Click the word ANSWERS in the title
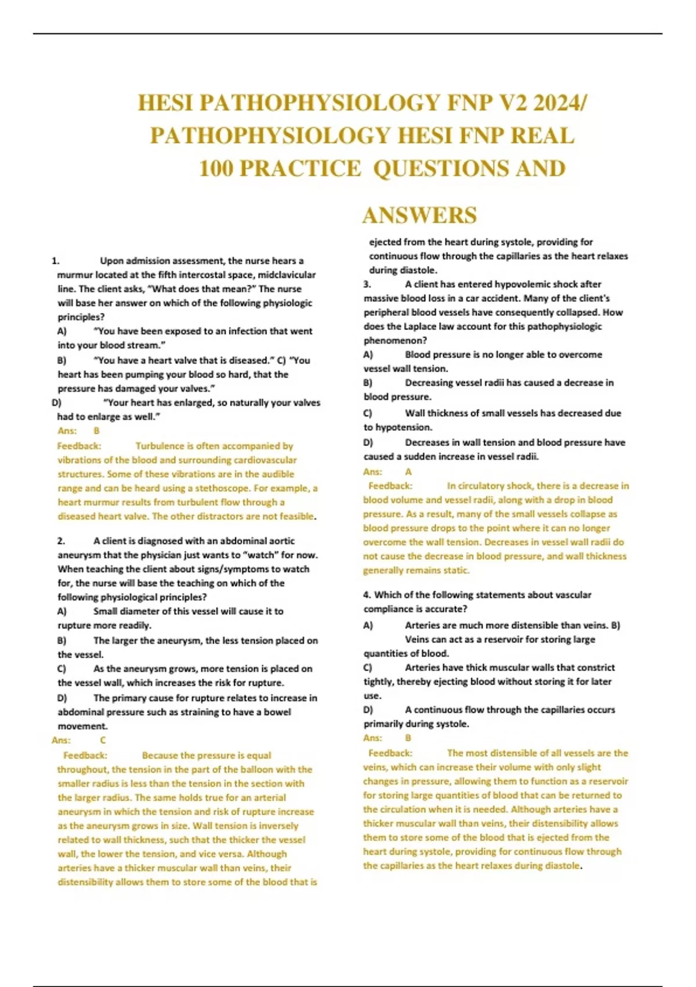[x=419, y=215]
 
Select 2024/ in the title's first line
[x=560, y=103]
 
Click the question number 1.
[x=55, y=261]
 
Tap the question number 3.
[x=367, y=284]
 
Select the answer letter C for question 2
[x=103, y=740]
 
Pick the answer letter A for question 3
[x=408, y=471]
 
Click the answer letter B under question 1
[x=96, y=431]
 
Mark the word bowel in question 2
[x=277, y=712]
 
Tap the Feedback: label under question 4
[x=390, y=753]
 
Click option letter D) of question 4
[x=368, y=709]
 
